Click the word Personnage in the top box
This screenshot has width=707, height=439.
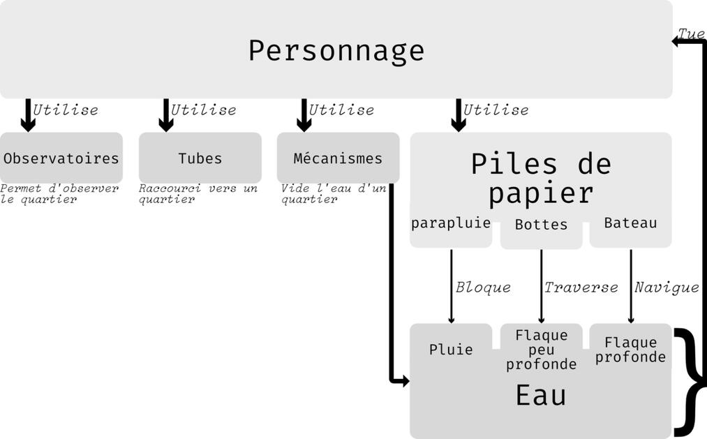(x=336, y=51)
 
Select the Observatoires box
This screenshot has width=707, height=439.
(x=61, y=158)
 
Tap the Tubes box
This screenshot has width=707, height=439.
(x=200, y=158)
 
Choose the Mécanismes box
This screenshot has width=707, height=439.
(x=338, y=158)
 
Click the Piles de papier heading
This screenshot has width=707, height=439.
(x=541, y=178)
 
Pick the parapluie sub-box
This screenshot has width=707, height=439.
(x=451, y=223)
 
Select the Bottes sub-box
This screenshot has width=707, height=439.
(x=541, y=225)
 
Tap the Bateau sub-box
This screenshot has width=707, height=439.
(x=631, y=223)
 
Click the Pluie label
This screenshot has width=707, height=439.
(x=451, y=350)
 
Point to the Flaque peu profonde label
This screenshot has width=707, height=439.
(x=541, y=350)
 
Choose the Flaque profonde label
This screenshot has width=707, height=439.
(x=631, y=350)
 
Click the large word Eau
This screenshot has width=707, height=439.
(x=541, y=396)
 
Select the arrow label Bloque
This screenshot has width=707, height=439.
(x=483, y=288)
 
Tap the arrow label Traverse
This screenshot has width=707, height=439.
(x=581, y=288)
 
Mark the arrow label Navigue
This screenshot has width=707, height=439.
(x=667, y=288)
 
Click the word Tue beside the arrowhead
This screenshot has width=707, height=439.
(x=691, y=34)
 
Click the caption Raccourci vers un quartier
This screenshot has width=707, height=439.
(x=198, y=194)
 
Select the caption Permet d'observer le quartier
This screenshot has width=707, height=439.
(x=60, y=194)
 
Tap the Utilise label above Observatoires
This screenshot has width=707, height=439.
(x=66, y=110)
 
